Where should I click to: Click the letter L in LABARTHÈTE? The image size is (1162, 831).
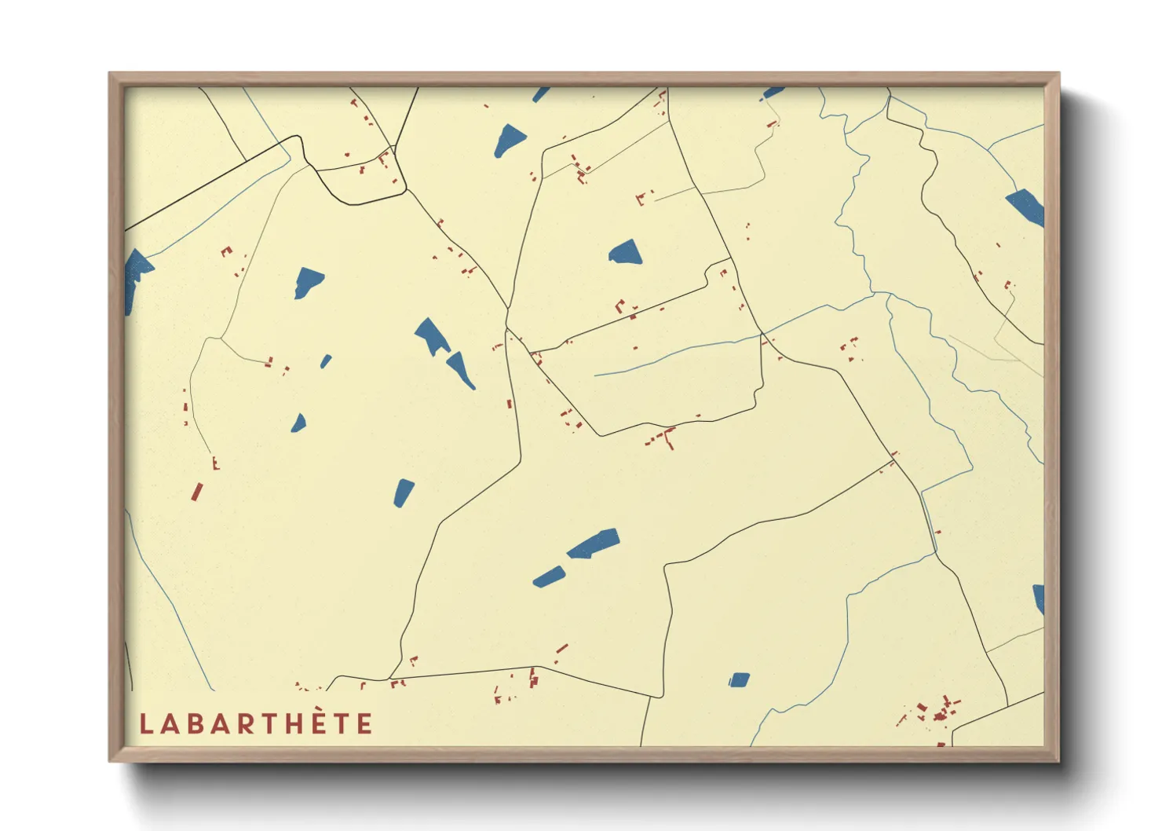pyautogui.click(x=145, y=724)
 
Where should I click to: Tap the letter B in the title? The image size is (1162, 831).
pyautogui.click(x=192, y=724)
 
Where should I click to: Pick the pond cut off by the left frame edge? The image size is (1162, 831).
pyautogui.click(x=136, y=279)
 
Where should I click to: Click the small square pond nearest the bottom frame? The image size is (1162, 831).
pyautogui.click(x=739, y=679)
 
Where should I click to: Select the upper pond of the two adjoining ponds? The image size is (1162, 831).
pyautogui.click(x=432, y=336)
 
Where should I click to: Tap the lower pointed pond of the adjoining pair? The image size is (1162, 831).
pyautogui.click(x=461, y=371)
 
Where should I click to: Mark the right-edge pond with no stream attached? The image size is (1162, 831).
pyautogui.click(x=1039, y=599)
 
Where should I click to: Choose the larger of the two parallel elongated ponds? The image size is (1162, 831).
pyautogui.click(x=594, y=543)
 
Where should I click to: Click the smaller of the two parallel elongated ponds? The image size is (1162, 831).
pyautogui.click(x=549, y=577)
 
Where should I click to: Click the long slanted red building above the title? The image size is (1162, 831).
pyautogui.click(x=197, y=492)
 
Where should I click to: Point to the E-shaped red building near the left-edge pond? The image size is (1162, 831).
pyautogui.click(x=227, y=251)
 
